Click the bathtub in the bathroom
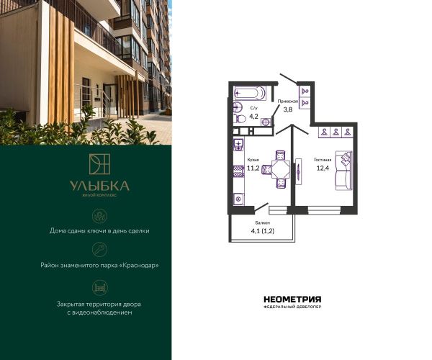250,93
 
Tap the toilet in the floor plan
240,119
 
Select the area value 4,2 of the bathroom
253,116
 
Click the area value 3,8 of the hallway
288,109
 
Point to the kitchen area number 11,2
253,168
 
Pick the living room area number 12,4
323,168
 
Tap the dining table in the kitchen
281,169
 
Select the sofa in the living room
343,170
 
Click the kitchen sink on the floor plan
238,144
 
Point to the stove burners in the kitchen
238,171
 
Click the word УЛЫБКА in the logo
99,186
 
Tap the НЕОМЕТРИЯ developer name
292,300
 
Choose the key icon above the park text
99,250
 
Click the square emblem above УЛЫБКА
99,164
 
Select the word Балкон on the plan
262,222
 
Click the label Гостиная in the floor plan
323,160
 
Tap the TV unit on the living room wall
299,171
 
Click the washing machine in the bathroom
266,122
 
